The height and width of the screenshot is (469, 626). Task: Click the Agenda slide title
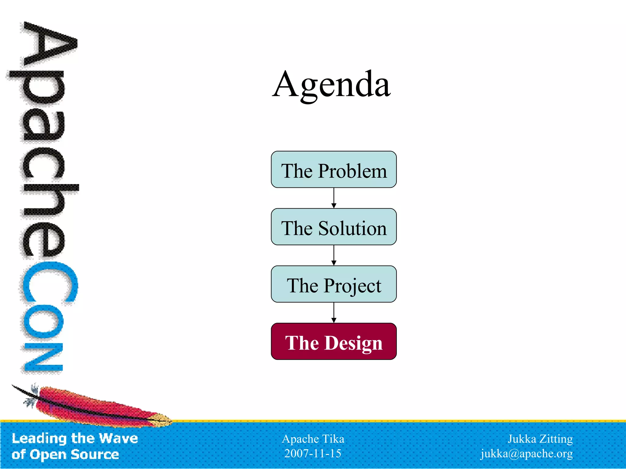coord(331,84)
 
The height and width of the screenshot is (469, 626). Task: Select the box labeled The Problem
coord(333,169)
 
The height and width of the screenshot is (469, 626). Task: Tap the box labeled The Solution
coord(333,227)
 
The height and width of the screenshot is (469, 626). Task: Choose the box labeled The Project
coord(333,284)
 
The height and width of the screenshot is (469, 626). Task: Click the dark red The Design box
coord(333,342)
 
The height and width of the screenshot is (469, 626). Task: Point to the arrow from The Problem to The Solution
coord(334,198)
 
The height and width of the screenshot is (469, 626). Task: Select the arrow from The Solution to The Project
coord(334,256)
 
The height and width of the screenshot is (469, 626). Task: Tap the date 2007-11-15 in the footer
coord(313,453)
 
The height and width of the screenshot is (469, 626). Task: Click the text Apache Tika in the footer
coord(313,439)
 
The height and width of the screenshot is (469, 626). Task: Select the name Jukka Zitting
coord(540,439)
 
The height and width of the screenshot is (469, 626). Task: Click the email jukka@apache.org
coord(527,454)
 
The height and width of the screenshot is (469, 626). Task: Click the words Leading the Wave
coord(75,438)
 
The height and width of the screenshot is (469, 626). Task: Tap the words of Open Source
coord(65,454)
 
